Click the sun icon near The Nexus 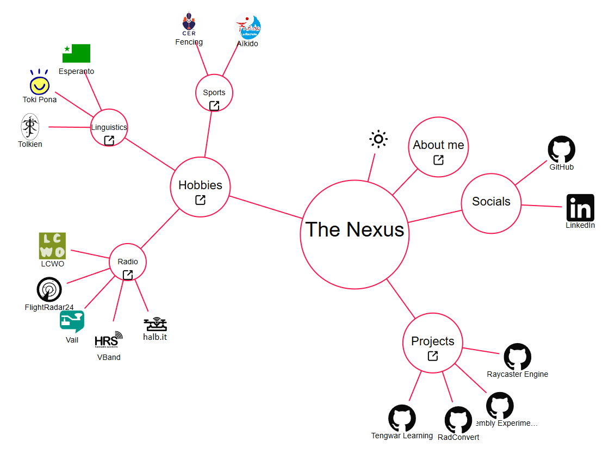click(x=378, y=139)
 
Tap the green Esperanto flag click(x=76, y=53)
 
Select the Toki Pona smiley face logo click(x=39, y=84)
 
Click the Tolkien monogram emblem click(x=29, y=127)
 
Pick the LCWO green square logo click(x=52, y=246)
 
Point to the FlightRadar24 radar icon click(x=49, y=290)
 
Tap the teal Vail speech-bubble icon click(x=72, y=321)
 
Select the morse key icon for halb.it click(x=155, y=325)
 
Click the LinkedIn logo click(x=580, y=208)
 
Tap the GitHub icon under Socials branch click(x=561, y=150)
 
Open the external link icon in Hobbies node click(x=200, y=200)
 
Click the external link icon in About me click(x=438, y=160)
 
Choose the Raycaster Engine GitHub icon click(x=517, y=357)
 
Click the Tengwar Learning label click(x=402, y=436)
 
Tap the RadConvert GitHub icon click(x=458, y=420)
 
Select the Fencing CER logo click(x=189, y=24)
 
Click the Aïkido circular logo click(x=248, y=26)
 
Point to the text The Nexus click(x=355, y=229)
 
